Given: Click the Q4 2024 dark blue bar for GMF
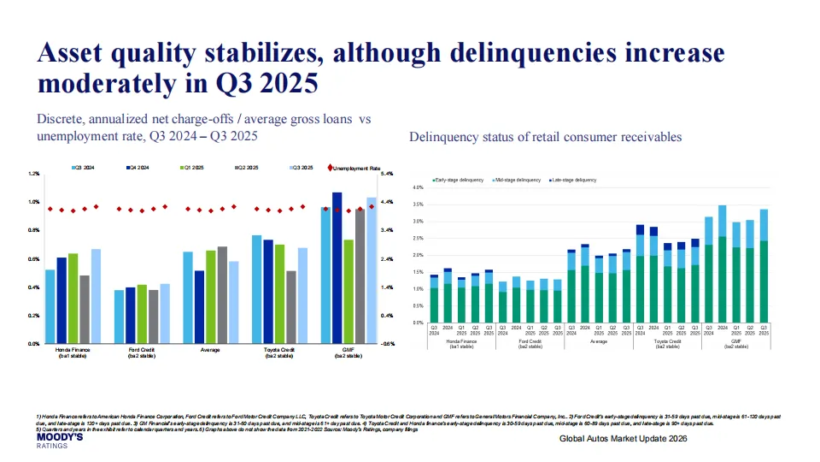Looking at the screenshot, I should click(337, 268).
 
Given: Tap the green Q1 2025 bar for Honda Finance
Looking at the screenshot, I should click(73, 299).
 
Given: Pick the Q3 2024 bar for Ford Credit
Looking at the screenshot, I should click(120, 317).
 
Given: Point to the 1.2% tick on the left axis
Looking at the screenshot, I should click(35, 174).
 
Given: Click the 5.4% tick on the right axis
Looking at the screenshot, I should click(386, 174).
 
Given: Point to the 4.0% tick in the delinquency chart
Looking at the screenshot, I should click(419, 187).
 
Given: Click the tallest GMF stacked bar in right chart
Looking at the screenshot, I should click(723, 264).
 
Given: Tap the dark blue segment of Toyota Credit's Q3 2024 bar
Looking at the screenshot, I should click(641, 229).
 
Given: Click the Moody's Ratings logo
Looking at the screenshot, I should click(59, 440).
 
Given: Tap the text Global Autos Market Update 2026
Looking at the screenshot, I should click(623, 438).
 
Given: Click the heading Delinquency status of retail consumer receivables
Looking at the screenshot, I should click(545, 137).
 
